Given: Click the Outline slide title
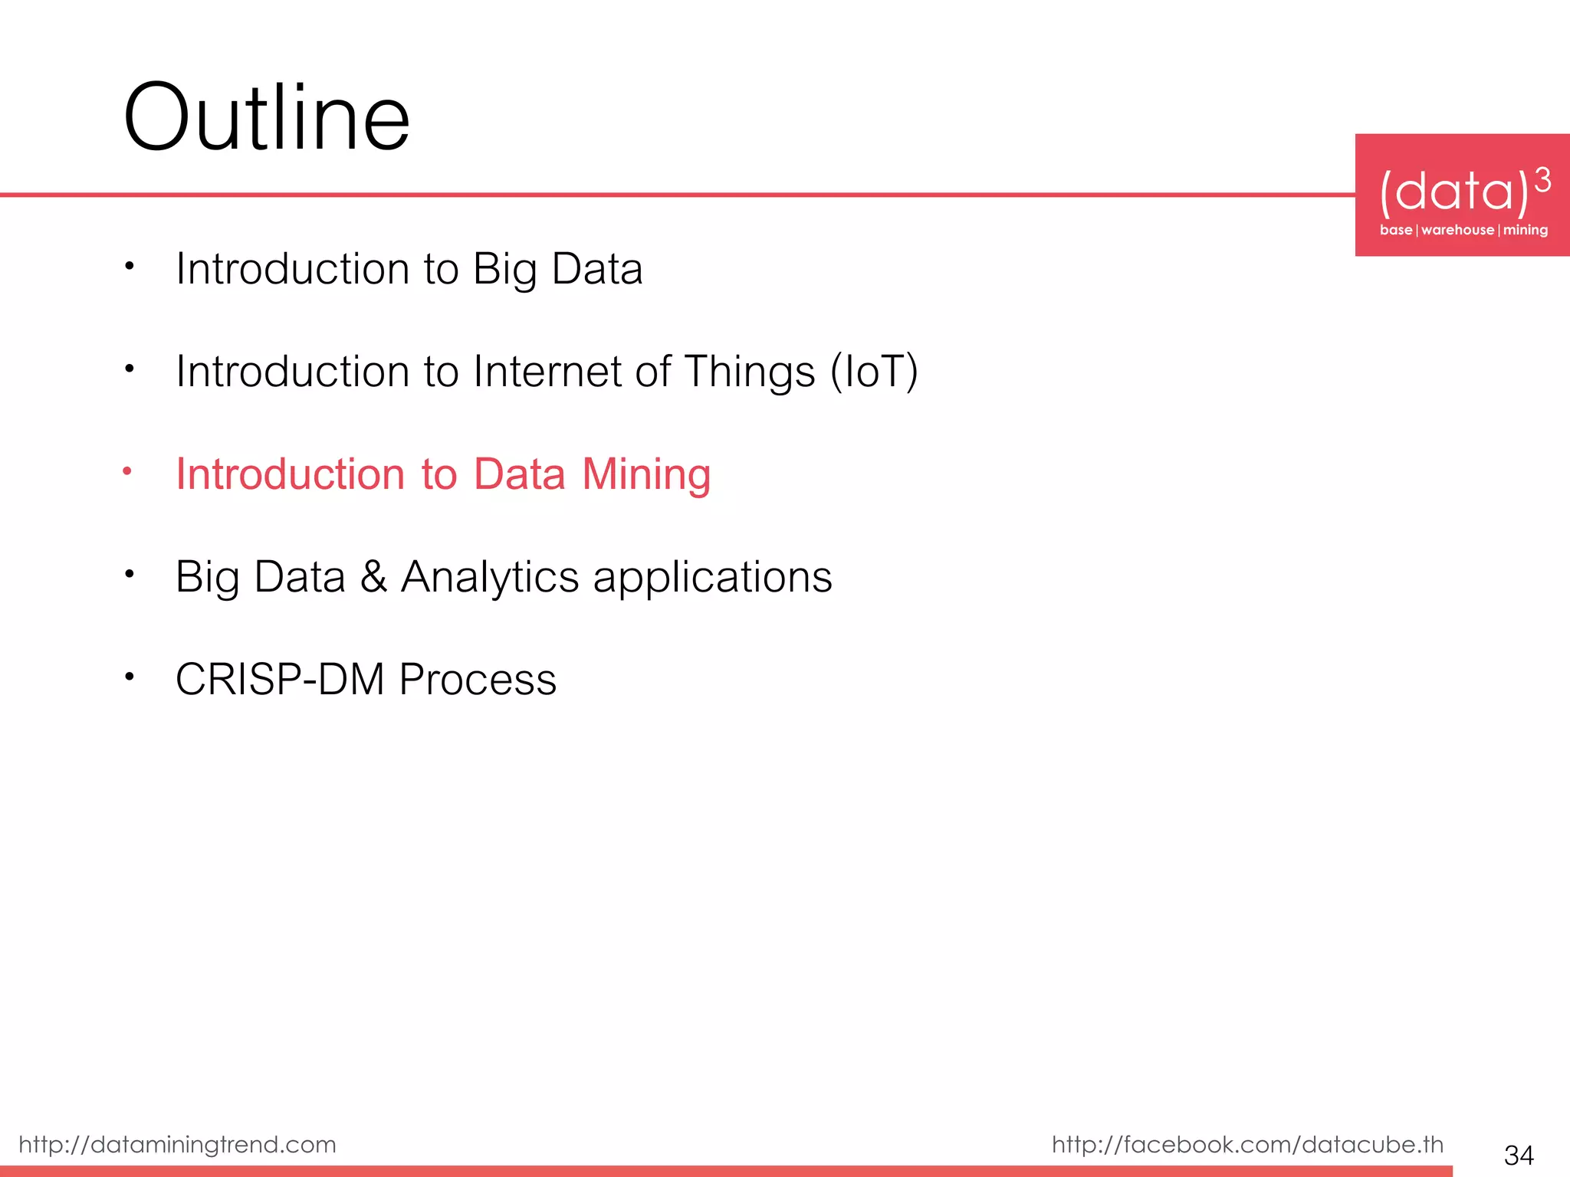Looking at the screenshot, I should pyautogui.click(x=266, y=119).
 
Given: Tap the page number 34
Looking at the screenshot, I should pyautogui.click(x=1519, y=1155).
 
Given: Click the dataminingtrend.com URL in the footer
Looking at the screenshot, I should pyautogui.click(x=177, y=1144).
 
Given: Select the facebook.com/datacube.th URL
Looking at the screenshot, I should pyautogui.click(x=1247, y=1144).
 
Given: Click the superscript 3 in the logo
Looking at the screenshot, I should pyautogui.click(x=1542, y=181).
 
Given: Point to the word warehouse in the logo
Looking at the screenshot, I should pyautogui.click(x=1457, y=230).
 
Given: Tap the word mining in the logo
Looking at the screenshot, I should pyautogui.click(x=1525, y=230).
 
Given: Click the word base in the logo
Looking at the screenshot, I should pyautogui.click(x=1395, y=230).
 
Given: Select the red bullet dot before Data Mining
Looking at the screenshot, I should pyautogui.click(x=128, y=471).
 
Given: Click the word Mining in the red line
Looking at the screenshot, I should pyautogui.click(x=646, y=474).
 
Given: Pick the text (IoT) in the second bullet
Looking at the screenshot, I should pyautogui.click(x=874, y=372).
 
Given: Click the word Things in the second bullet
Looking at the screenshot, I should pyautogui.click(x=749, y=372).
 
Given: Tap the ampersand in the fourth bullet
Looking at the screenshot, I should pyautogui.click(x=373, y=576).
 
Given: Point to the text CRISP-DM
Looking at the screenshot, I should pyautogui.click(x=280, y=679).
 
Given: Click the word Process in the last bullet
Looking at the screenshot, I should pyautogui.click(x=478, y=679).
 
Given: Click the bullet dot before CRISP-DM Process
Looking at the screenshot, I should pyautogui.click(x=130, y=677).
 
